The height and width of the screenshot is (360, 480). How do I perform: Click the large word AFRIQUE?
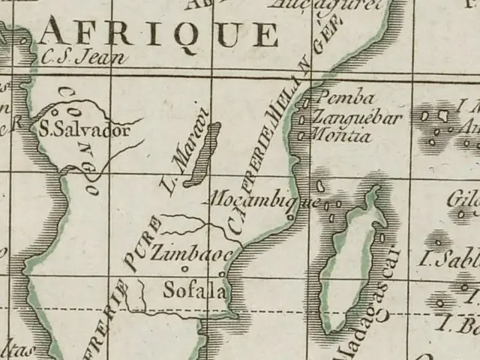pos(159,34)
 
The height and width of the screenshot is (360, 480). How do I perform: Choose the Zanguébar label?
pos(357,117)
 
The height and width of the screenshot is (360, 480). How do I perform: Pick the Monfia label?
pos(341,136)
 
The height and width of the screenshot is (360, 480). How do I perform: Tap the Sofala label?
pos(193,289)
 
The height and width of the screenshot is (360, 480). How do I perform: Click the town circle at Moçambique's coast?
pos(289,218)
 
